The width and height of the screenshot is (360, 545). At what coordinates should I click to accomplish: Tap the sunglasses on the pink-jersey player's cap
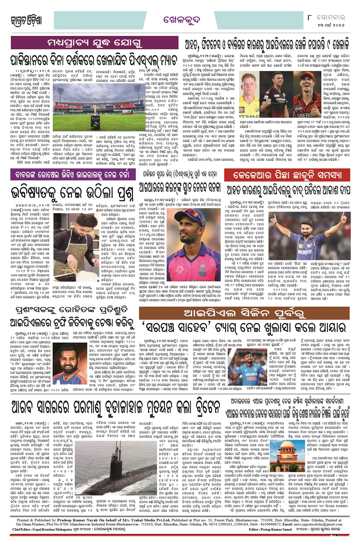coord(180,211)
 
